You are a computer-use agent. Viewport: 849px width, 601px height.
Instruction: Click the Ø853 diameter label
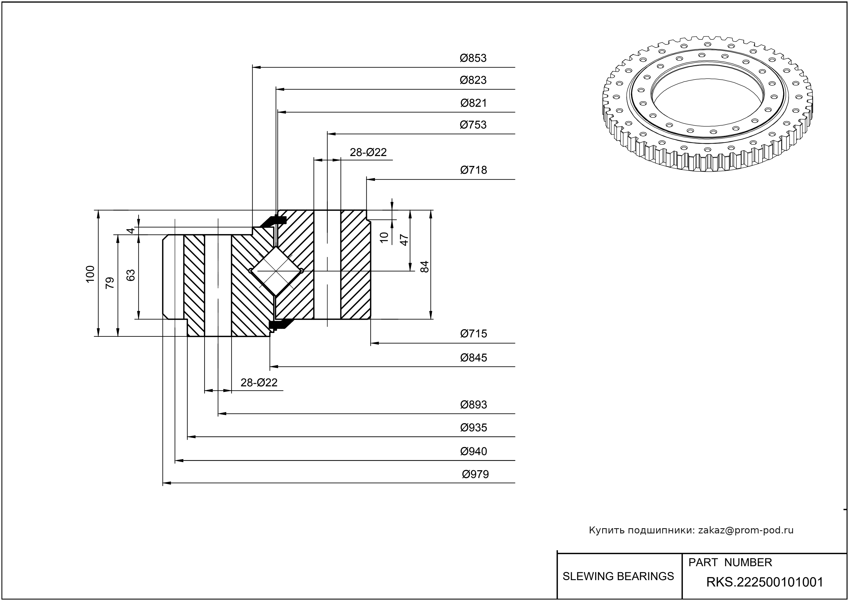(473, 58)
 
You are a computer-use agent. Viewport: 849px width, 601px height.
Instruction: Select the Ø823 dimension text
(473, 80)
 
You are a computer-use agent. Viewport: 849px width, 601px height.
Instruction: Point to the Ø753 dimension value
(473, 125)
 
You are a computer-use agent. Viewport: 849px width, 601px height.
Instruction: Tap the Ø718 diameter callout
(473, 170)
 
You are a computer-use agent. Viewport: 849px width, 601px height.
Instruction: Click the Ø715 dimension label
(473, 334)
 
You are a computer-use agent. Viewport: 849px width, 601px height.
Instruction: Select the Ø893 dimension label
(473, 405)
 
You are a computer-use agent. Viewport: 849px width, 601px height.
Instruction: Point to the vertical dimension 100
(90, 274)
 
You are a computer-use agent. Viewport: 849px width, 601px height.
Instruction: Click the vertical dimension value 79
(110, 283)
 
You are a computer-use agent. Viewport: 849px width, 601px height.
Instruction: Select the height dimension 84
(425, 267)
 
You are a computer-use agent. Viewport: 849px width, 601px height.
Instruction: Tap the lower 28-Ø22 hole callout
(259, 383)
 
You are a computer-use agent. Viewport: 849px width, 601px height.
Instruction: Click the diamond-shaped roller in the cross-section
(276, 271)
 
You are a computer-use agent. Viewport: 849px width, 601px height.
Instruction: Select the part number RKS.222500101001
(765, 582)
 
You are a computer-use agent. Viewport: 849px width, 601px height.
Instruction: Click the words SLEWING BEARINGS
(618, 576)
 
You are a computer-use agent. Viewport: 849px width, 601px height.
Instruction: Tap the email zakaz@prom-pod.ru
(745, 530)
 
